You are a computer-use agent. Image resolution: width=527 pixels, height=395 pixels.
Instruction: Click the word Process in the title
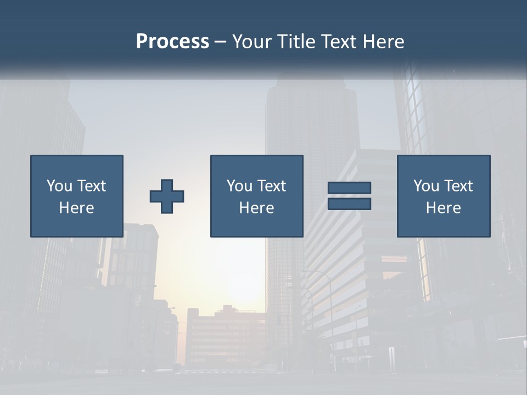[172, 42]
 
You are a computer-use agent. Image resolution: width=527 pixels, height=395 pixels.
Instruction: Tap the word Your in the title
[251, 42]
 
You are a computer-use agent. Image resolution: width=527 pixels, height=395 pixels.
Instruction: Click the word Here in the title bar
[385, 42]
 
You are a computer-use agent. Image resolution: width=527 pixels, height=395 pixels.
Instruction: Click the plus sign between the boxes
[167, 196]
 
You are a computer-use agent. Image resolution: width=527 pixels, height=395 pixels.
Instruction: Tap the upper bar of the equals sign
[349, 188]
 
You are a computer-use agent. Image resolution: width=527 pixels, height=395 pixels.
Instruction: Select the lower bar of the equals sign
[349, 204]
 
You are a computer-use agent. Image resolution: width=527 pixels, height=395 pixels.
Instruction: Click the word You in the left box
[59, 186]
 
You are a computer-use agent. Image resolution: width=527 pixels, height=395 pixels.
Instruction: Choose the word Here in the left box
[76, 208]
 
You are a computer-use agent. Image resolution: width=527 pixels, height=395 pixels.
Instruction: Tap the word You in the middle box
[239, 186]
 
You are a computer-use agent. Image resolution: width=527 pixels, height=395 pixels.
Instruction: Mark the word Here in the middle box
[256, 208]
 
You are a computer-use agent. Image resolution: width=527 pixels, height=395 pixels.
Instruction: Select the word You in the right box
[426, 186]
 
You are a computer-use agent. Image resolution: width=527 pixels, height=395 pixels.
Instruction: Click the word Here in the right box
[443, 208]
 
